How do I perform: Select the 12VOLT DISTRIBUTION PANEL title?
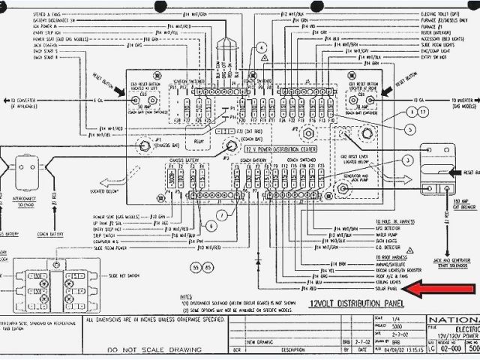(355, 302)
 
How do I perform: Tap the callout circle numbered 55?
(197, 268)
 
